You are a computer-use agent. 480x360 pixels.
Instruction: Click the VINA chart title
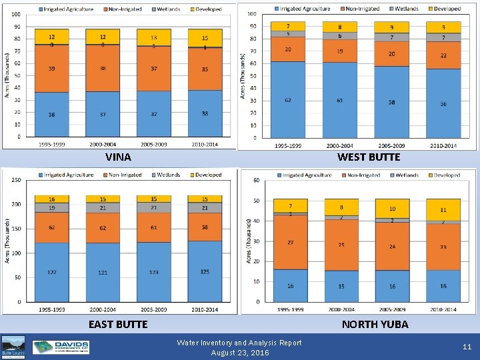pos(118,158)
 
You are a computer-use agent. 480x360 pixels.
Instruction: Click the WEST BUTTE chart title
pos(369,157)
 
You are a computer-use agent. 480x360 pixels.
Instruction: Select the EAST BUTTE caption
pos(118,325)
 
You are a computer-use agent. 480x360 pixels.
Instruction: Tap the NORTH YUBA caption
pos(375,325)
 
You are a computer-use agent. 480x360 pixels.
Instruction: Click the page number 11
pos(467,347)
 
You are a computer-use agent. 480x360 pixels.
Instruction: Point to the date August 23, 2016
pos(239,353)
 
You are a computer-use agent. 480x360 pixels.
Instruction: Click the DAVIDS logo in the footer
pos(61,347)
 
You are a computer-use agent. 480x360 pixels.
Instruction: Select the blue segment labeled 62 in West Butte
pos(287,100)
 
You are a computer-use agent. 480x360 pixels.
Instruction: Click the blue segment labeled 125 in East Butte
pos(205,271)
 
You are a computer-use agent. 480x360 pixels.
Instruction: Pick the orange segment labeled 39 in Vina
pos(51,69)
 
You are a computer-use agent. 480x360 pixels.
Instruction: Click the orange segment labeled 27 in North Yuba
pos(290,242)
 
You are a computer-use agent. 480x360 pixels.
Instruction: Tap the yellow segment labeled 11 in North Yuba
pos(443,210)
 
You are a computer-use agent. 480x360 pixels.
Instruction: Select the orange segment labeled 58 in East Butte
pos(205,227)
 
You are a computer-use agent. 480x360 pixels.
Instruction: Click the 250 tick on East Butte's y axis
pos(15,180)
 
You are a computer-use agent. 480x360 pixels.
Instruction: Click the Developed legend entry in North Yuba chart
pos(443,175)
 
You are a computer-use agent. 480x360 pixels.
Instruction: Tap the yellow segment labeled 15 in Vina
pos(205,39)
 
